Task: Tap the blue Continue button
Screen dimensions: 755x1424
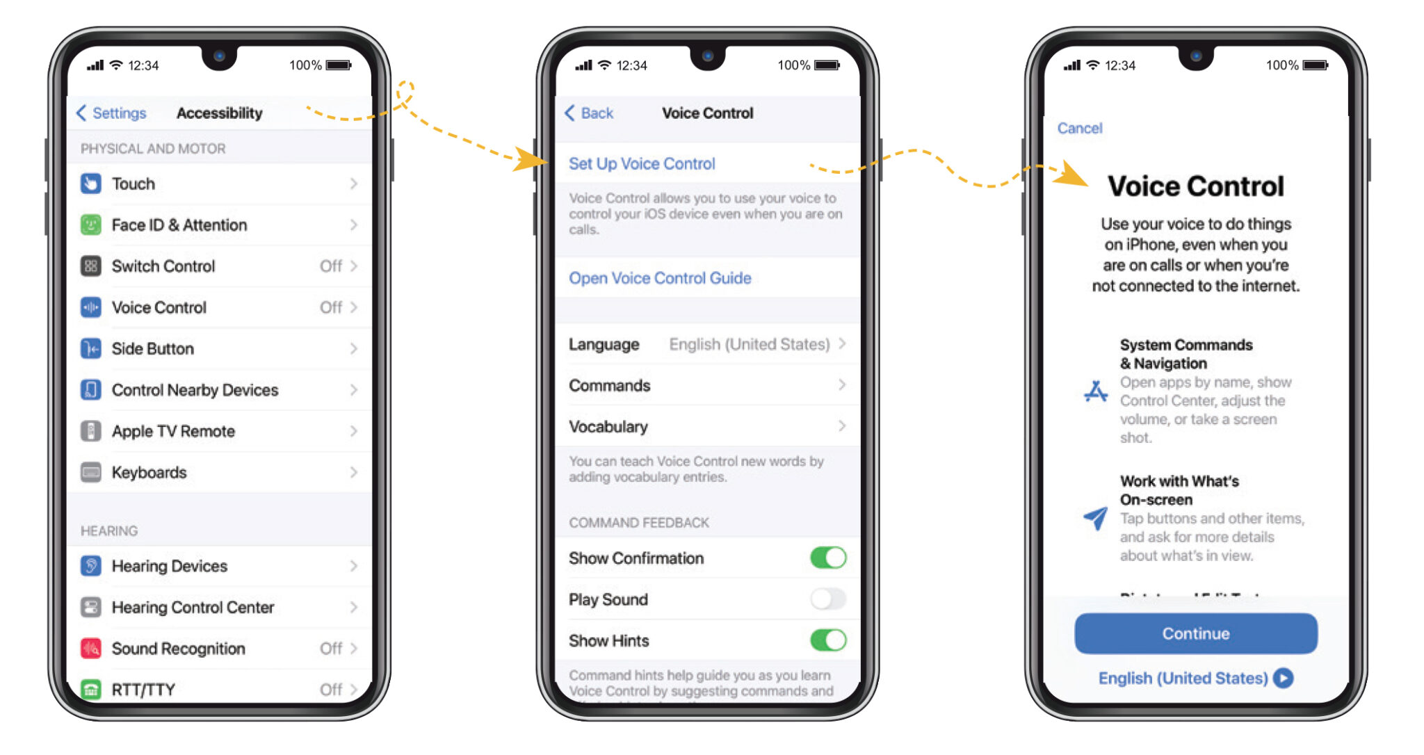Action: coord(1195,633)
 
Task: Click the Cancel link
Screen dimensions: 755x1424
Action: coord(1079,128)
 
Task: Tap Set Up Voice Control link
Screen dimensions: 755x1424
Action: coord(641,163)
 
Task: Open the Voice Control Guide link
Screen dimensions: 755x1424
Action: coord(659,278)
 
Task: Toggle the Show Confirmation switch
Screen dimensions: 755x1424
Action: coord(827,558)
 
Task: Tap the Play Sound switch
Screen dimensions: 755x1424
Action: coord(827,599)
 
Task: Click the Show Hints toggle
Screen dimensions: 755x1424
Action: coord(827,640)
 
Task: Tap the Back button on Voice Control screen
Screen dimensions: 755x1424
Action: coord(589,113)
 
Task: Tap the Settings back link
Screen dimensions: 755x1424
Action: coord(112,113)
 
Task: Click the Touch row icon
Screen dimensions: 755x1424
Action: coord(91,184)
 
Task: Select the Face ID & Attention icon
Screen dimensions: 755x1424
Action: coord(91,225)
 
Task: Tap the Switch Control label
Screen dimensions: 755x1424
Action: coord(163,266)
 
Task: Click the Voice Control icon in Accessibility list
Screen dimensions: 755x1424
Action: coord(91,307)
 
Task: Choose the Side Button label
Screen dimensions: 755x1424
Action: coord(153,348)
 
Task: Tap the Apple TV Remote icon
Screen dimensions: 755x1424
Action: coord(91,431)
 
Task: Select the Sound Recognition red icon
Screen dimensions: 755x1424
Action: coord(91,648)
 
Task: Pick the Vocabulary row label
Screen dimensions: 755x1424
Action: coord(608,426)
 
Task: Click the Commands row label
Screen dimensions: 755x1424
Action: coord(610,385)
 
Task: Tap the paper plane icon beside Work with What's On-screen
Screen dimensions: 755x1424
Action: coord(1096,517)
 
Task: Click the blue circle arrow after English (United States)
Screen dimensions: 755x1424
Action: coord(1284,678)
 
